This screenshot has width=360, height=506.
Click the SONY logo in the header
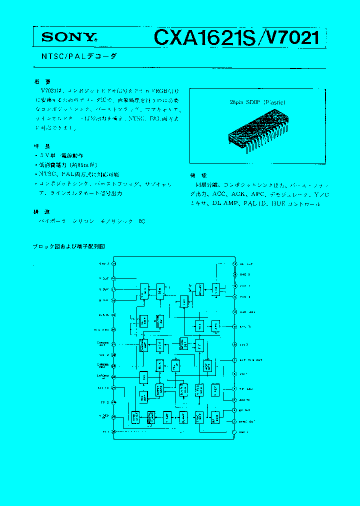(68, 36)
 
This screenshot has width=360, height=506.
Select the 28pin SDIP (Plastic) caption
(257, 102)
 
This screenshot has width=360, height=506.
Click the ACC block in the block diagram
(144, 377)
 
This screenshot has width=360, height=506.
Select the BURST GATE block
(159, 389)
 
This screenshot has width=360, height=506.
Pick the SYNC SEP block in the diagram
(135, 417)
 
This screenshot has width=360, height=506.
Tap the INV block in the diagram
(184, 301)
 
